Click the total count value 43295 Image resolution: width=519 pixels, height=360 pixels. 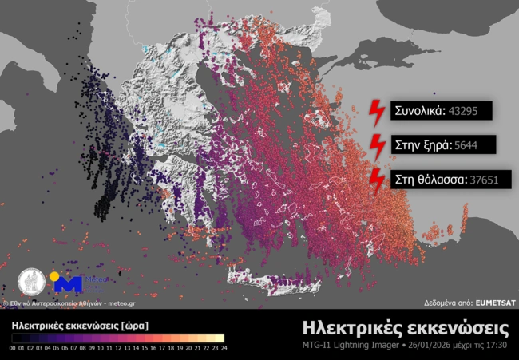pyautogui.click(x=463, y=111)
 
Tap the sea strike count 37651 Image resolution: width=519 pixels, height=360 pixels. pyautogui.click(x=485, y=180)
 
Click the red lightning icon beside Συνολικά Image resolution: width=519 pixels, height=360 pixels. pyautogui.click(x=376, y=112)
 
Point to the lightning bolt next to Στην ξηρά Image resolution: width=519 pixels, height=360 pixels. pyautogui.click(x=376, y=146)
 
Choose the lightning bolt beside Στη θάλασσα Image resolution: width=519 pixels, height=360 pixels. pyautogui.click(x=376, y=180)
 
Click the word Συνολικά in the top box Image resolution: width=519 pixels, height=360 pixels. pyautogui.click(x=418, y=111)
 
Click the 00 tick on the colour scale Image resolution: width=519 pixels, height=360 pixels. pyautogui.click(x=13, y=348)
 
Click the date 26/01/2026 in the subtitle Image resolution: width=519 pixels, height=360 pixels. pyautogui.click(x=430, y=345)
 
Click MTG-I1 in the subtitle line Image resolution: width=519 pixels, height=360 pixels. pyautogui.click(x=319, y=345)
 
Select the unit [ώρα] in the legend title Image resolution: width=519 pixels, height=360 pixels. pyautogui.click(x=132, y=326)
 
